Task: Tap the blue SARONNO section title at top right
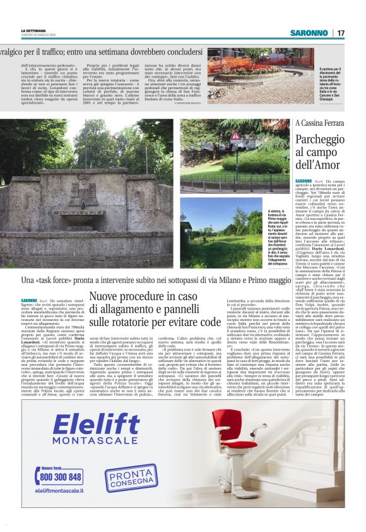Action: (309, 33)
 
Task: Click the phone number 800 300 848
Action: (61, 477)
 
